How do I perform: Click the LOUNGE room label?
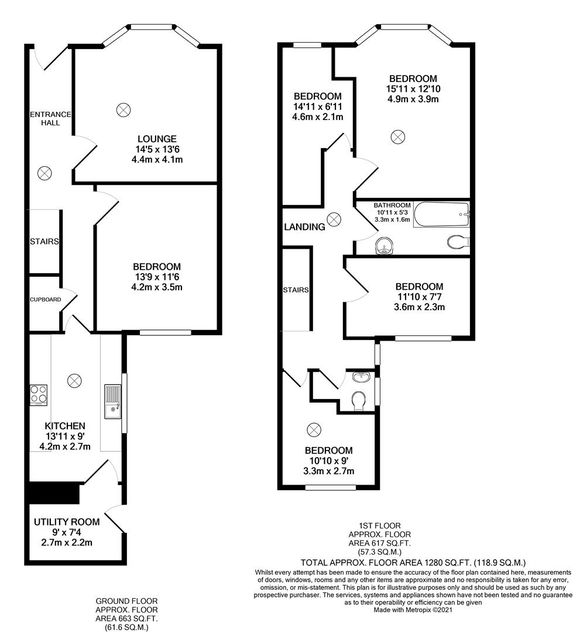pos(157,139)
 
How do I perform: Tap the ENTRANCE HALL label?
pos(50,119)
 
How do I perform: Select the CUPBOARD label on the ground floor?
pos(45,300)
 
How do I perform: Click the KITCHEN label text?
pos(66,425)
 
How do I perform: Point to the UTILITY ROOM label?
pos(67,521)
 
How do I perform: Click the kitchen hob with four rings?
pos(39,394)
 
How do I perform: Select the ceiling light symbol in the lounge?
pos(123,109)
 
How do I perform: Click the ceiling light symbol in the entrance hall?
pos(44,173)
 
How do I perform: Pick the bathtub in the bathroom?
pos(441,215)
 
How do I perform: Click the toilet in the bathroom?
pos(458,241)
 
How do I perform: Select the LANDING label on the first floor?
pos(304,227)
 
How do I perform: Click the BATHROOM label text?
pos(392,205)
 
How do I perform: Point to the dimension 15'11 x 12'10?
pos(413,88)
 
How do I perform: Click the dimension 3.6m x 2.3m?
pos(418,307)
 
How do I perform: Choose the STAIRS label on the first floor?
pos(296,290)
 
